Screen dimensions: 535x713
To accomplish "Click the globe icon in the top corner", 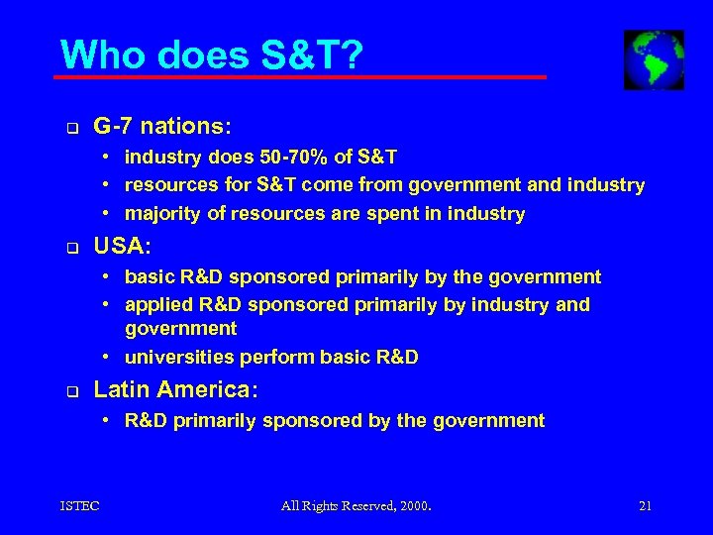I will pyautogui.click(x=654, y=59).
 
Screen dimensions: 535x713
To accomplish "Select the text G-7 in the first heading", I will pyautogui.click(x=114, y=127).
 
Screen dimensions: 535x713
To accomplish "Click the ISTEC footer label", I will pyautogui.click(x=78, y=506).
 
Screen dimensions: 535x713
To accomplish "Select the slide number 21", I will pyautogui.click(x=645, y=506).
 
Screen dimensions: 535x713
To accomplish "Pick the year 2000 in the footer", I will pyautogui.click(x=414, y=506).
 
